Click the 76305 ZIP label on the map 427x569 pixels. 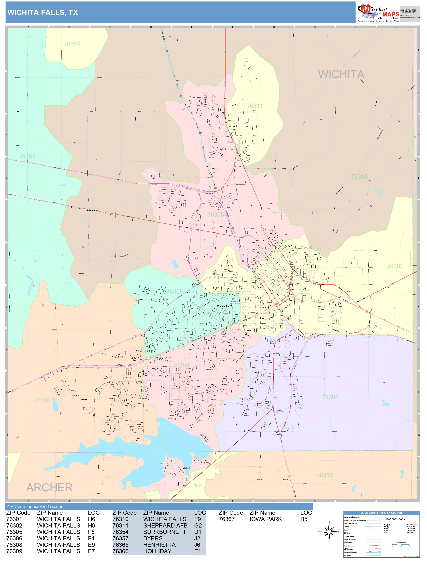click(359, 177)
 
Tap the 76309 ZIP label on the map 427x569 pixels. click(174, 291)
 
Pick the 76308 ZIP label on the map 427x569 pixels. click(181, 365)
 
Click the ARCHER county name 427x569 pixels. click(49, 488)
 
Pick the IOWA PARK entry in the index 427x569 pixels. click(265, 519)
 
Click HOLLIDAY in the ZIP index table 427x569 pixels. click(157, 551)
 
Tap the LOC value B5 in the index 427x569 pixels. click(304, 519)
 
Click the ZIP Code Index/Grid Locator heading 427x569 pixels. click(34, 506)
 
